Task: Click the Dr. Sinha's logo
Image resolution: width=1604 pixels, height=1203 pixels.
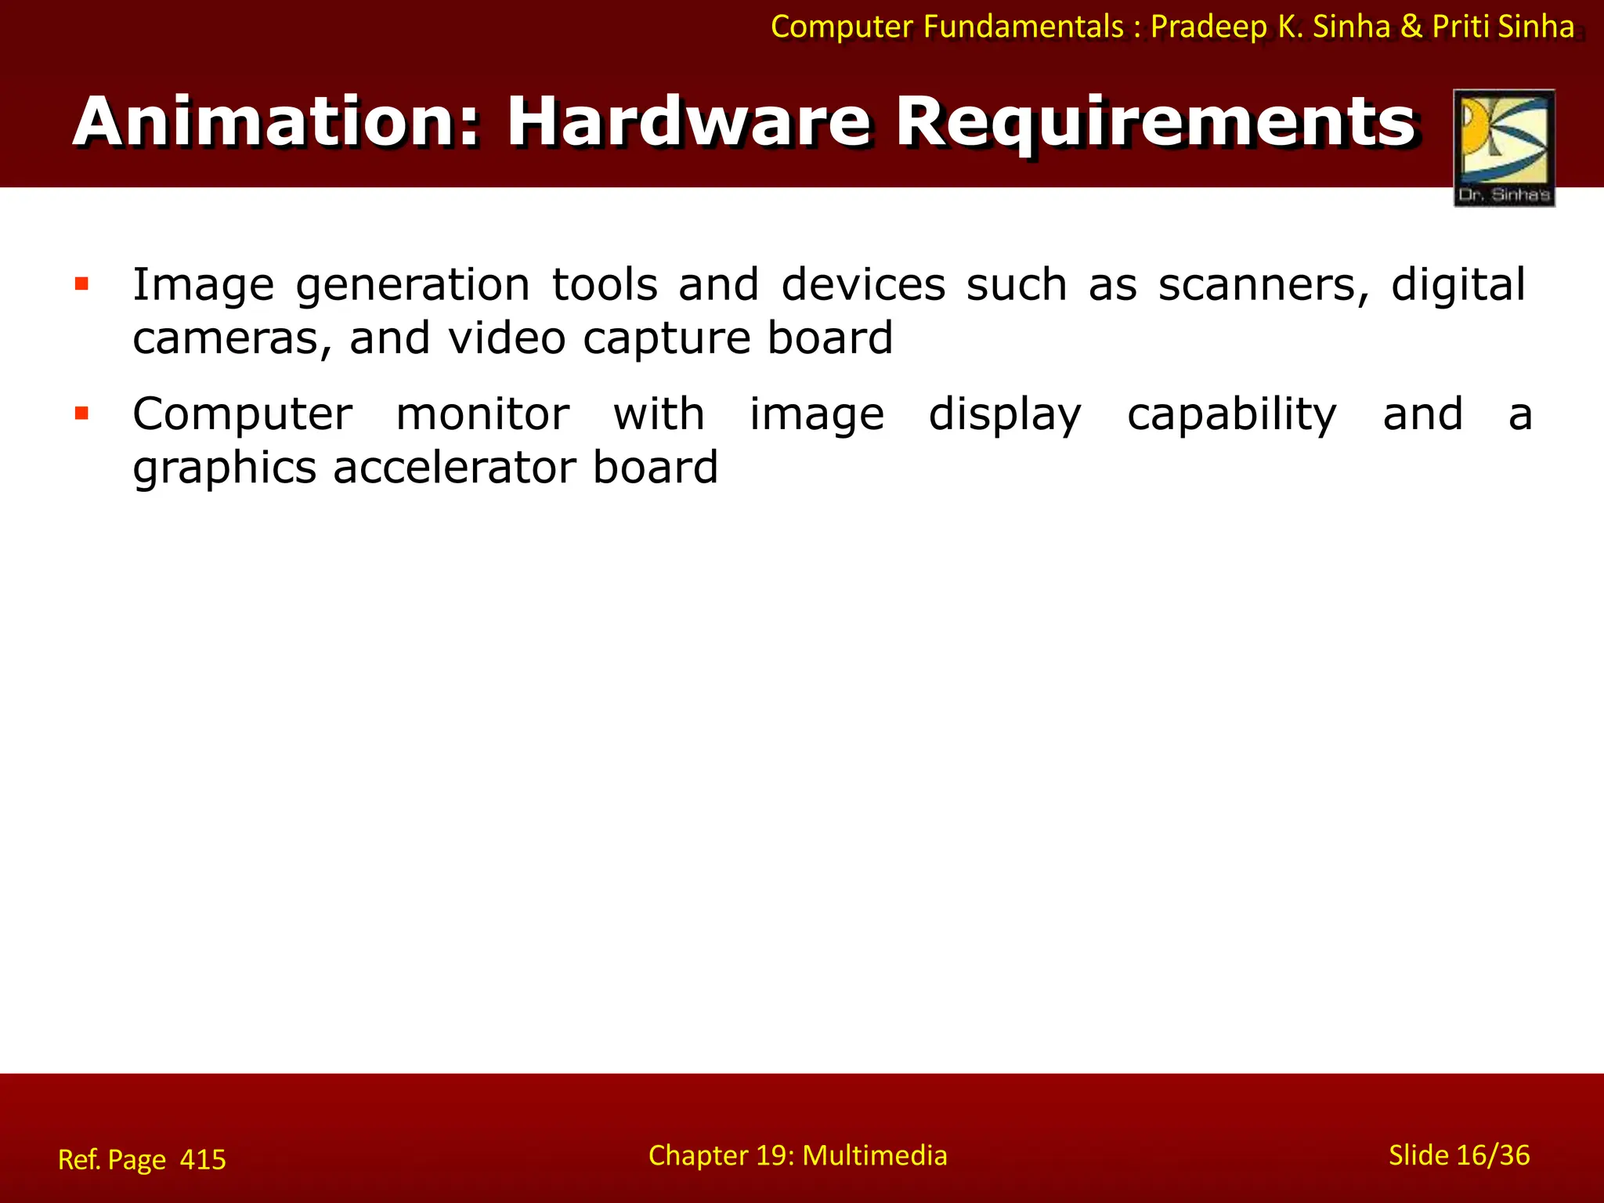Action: pyautogui.click(x=1504, y=148)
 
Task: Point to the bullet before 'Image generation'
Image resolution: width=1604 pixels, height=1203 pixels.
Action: pyautogui.click(x=81, y=284)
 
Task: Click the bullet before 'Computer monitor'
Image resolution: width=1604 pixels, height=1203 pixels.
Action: pyautogui.click(x=81, y=413)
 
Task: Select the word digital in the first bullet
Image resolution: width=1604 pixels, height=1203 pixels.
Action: pyautogui.click(x=1458, y=285)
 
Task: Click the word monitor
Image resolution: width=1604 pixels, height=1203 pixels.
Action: pyautogui.click(x=482, y=414)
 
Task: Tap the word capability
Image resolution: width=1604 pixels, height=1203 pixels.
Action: pyautogui.click(x=1231, y=416)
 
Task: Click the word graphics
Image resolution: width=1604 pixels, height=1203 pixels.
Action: pyautogui.click(x=224, y=469)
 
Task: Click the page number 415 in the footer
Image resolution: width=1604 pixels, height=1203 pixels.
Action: pyautogui.click(x=203, y=1159)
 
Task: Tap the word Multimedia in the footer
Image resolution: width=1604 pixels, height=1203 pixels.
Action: pyautogui.click(x=875, y=1155)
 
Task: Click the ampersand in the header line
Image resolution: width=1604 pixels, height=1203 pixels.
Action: pyautogui.click(x=1411, y=27)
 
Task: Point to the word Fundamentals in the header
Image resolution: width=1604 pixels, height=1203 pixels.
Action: pyautogui.click(x=1024, y=27)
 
